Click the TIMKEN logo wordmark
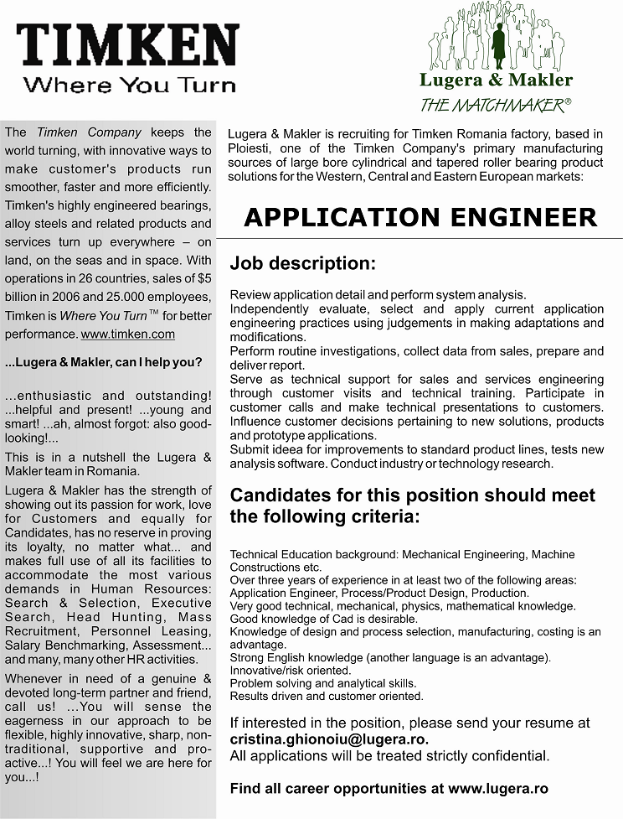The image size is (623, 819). (128, 45)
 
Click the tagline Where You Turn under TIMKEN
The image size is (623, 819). (130, 85)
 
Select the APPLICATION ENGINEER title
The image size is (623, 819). (420, 217)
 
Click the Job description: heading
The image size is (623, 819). (302, 263)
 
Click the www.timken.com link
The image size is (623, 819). (127, 334)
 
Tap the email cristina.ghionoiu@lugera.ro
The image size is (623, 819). (329, 739)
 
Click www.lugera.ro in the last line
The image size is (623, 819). (497, 788)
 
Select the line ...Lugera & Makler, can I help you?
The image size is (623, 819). (103, 363)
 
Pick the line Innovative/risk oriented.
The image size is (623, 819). (290, 671)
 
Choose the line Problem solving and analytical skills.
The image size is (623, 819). (323, 683)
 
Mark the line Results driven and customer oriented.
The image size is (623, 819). (327, 696)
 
